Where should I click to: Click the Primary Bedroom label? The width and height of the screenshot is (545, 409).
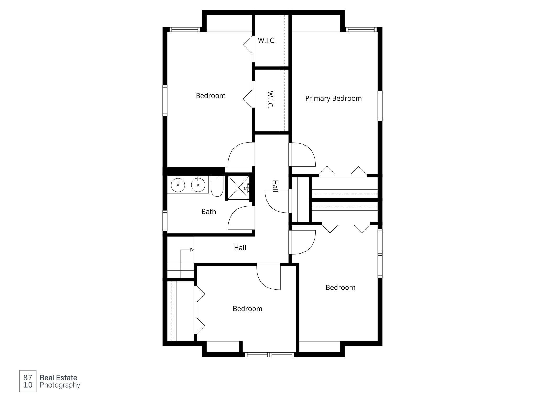(x=333, y=99)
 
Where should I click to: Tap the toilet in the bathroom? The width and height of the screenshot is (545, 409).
(x=217, y=186)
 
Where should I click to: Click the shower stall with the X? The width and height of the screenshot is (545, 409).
(x=238, y=188)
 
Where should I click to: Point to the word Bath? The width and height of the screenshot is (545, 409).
(x=209, y=212)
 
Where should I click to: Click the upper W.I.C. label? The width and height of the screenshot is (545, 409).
(x=267, y=41)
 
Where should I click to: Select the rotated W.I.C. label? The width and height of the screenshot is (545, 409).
(x=270, y=100)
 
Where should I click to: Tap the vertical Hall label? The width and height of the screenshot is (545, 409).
(x=275, y=186)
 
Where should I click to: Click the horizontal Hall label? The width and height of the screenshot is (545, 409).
(x=240, y=248)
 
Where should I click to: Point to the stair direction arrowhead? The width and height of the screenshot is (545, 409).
(x=192, y=250)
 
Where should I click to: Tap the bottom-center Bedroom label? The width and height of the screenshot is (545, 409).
(x=247, y=309)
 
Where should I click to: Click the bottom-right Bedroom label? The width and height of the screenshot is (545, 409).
(x=340, y=288)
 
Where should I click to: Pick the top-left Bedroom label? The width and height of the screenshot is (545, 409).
(x=210, y=96)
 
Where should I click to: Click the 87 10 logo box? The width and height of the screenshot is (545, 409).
(x=28, y=381)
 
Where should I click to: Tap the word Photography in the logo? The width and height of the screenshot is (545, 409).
(x=60, y=385)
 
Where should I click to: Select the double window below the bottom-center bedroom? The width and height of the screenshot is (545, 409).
(x=270, y=355)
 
